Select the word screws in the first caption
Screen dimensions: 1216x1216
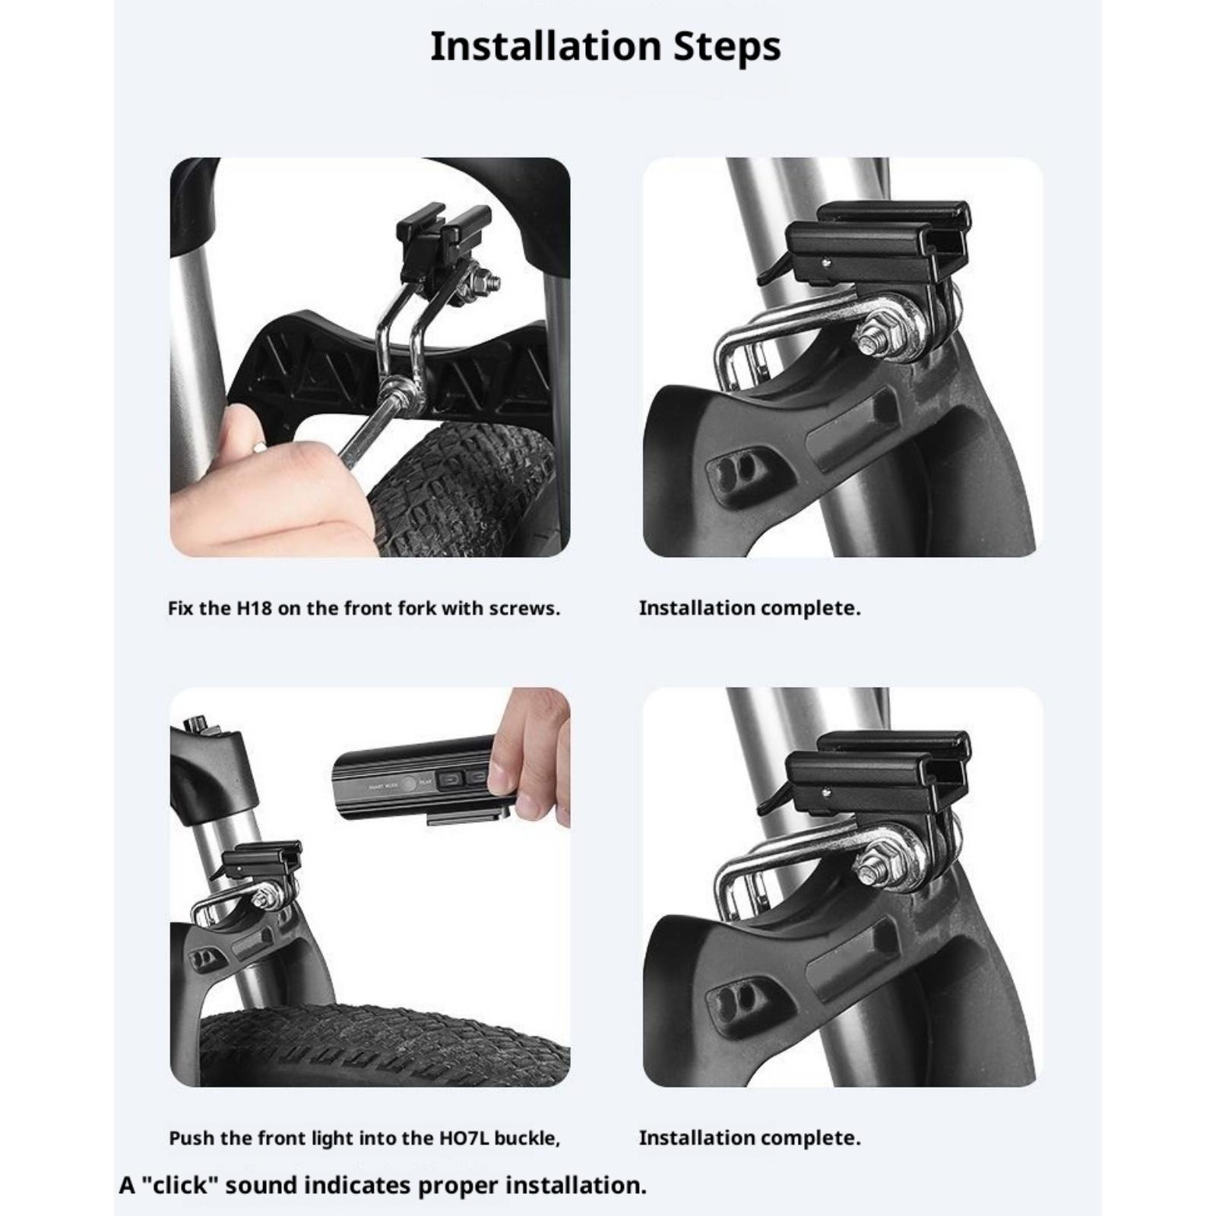[524, 608]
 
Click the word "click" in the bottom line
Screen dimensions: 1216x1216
[179, 1185]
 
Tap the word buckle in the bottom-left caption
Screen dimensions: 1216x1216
[527, 1138]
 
